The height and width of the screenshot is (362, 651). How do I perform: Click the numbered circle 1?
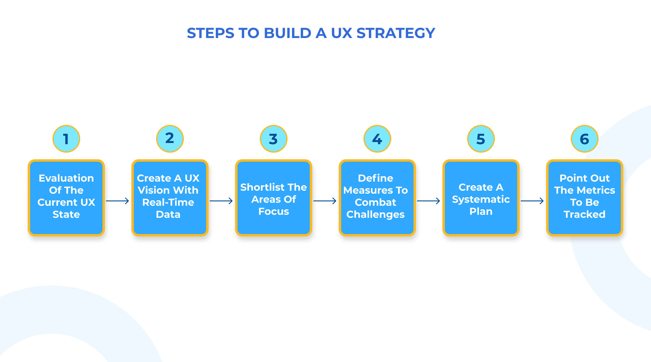(x=66, y=139)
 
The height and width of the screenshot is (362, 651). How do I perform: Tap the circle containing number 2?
(x=170, y=139)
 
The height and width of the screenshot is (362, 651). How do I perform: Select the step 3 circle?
(x=274, y=139)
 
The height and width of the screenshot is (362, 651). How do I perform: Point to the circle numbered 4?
(x=377, y=139)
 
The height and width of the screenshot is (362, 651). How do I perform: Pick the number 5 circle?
(x=481, y=139)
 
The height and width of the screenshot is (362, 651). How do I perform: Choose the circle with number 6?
(x=585, y=139)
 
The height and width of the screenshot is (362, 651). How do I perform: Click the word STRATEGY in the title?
(x=396, y=33)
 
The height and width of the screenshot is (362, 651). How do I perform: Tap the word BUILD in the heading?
(x=288, y=33)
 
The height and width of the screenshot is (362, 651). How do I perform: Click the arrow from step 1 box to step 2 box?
(x=118, y=201)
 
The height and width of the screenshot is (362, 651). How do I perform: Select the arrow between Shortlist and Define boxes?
(x=325, y=201)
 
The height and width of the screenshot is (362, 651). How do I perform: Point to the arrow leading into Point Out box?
(x=532, y=201)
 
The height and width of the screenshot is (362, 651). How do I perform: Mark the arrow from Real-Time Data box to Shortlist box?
(x=221, y=201)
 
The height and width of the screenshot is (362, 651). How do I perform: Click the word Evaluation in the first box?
(x=66, y=178)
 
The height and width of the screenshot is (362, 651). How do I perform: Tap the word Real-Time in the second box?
(x=168, y=202)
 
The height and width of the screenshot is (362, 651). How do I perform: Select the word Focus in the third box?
(x=274, y=211)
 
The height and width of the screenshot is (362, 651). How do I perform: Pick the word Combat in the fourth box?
(x=376, y=202)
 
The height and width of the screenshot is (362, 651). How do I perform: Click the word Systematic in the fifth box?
(x=481, y=199)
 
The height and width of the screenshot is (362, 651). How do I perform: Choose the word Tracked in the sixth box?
(x=585, y=214)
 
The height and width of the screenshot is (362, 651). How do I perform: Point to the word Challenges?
(x=376, y=214)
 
